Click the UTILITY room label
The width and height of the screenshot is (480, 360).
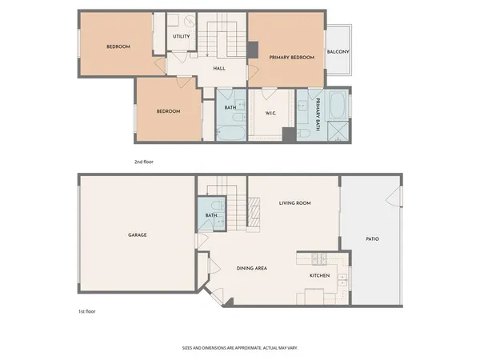tap(181, 36)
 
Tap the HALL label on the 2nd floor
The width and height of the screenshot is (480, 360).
tap(218, 68)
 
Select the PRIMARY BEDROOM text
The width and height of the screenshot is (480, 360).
tap(291, 58)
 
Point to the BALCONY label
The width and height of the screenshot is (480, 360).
tap(338, 52)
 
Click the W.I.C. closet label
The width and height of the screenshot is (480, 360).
tap(271, 112)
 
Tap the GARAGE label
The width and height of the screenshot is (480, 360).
tap(137, 234)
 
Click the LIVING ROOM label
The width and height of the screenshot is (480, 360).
tap(294, 203)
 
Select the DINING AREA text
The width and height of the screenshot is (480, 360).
tap(251, 268)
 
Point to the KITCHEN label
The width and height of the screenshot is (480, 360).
tap(320, 276)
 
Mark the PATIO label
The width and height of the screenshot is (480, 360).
tap(372, 238)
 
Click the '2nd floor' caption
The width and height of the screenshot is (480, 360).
tap(143, 162)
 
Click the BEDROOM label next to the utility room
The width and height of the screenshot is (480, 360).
tap(118, 46)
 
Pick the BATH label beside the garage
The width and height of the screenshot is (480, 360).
tap(211, 215)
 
